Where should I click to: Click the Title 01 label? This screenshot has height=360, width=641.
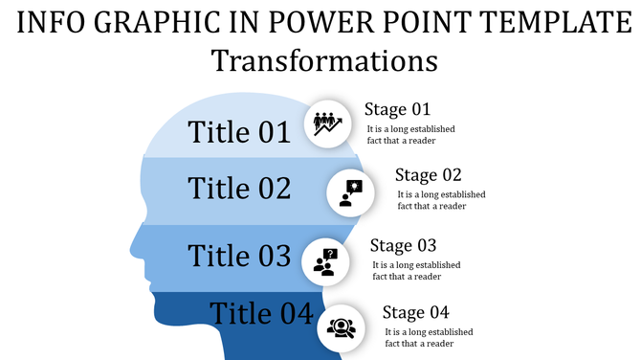click(238, 131)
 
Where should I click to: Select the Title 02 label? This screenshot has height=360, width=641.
click(239, 188)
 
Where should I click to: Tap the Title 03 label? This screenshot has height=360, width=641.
click(238, 256)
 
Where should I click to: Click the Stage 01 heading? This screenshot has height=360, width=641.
click(398, 108)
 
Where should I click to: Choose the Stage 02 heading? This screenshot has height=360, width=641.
click(429, 174)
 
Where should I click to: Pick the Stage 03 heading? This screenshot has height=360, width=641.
click(403, 245)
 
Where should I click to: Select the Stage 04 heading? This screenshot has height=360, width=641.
click(415, 311)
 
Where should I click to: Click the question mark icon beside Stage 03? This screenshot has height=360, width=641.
click(326, 260)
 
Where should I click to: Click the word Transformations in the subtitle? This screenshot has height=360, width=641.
click(324, 60)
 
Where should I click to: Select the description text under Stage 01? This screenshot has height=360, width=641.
click(410, 134)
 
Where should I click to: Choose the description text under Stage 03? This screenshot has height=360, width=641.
click(415, 270)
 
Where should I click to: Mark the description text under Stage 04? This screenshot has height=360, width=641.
click(429, 337)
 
